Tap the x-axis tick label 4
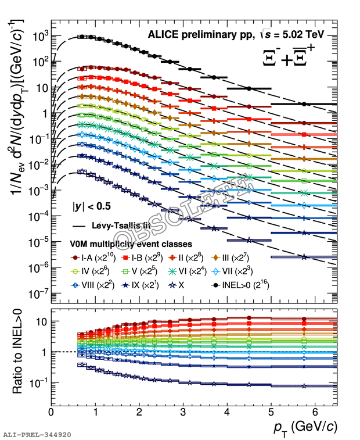click(227, 412)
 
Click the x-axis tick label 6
click(314, 412)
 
